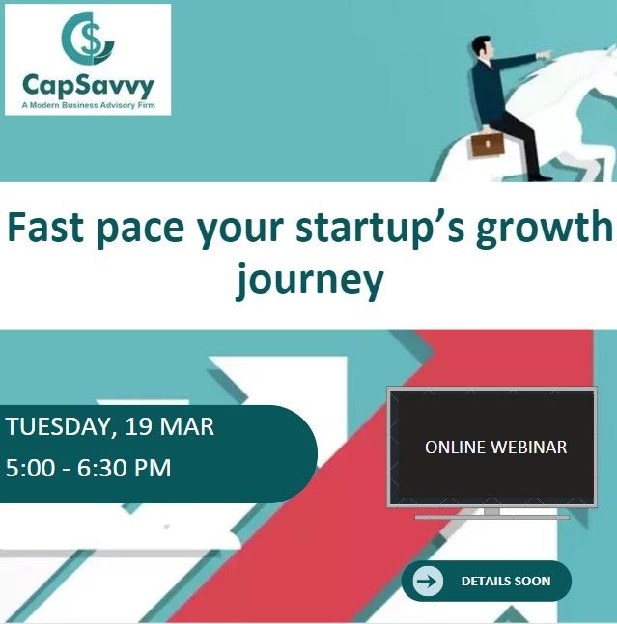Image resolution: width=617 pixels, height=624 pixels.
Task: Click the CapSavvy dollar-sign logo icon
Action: tap(87, 40)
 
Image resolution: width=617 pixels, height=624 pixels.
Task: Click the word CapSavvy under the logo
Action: tap(87, 87)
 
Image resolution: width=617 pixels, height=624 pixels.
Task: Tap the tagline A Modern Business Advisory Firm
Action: tap(87, 105)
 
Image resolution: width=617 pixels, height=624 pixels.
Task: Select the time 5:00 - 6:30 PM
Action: tap(89, 469)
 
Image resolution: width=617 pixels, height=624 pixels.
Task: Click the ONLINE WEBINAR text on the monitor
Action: tap(495, 448)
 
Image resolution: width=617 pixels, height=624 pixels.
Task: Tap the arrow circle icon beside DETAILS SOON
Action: tap(427, 581)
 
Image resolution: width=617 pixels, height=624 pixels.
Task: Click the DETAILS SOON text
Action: tap(505, 582)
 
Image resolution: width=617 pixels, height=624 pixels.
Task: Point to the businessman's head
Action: tap(481, 48)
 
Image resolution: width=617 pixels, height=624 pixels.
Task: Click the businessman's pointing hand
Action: tap(547, 55)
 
